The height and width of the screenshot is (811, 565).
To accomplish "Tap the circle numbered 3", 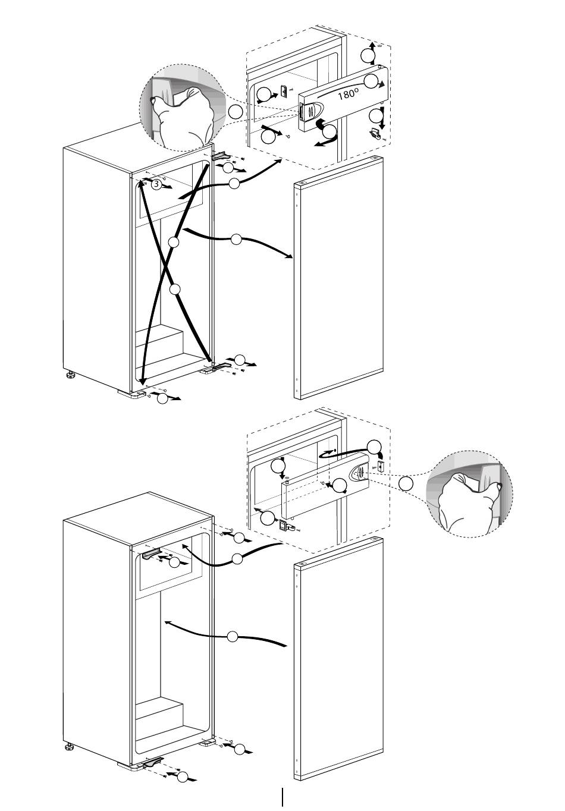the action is (156, 184).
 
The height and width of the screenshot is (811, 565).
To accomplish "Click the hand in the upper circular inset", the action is (181, 116).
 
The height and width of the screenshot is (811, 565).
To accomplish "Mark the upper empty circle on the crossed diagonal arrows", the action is (174, 242).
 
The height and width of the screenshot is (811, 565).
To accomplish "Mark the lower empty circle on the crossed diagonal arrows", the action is (175, 289).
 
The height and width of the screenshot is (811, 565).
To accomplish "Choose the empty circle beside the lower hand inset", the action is (406, 484).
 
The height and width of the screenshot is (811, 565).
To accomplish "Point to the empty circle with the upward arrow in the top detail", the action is (368, 56).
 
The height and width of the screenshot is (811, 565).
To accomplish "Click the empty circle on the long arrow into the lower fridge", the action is (233, 636).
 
